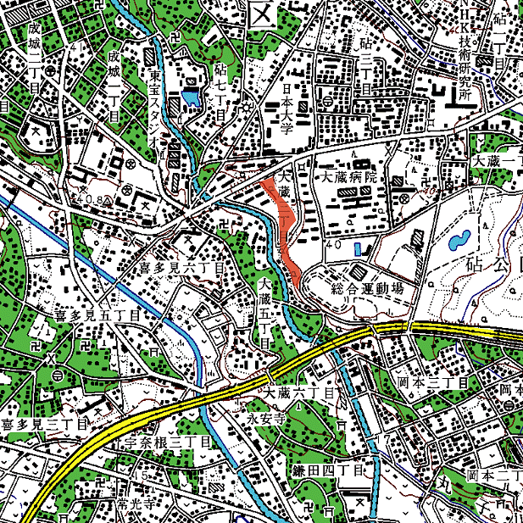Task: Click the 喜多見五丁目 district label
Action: point(96,314)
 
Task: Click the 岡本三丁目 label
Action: point(433,383)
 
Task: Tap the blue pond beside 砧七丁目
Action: point(190,98)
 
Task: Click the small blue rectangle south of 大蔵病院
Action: point(357,248)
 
